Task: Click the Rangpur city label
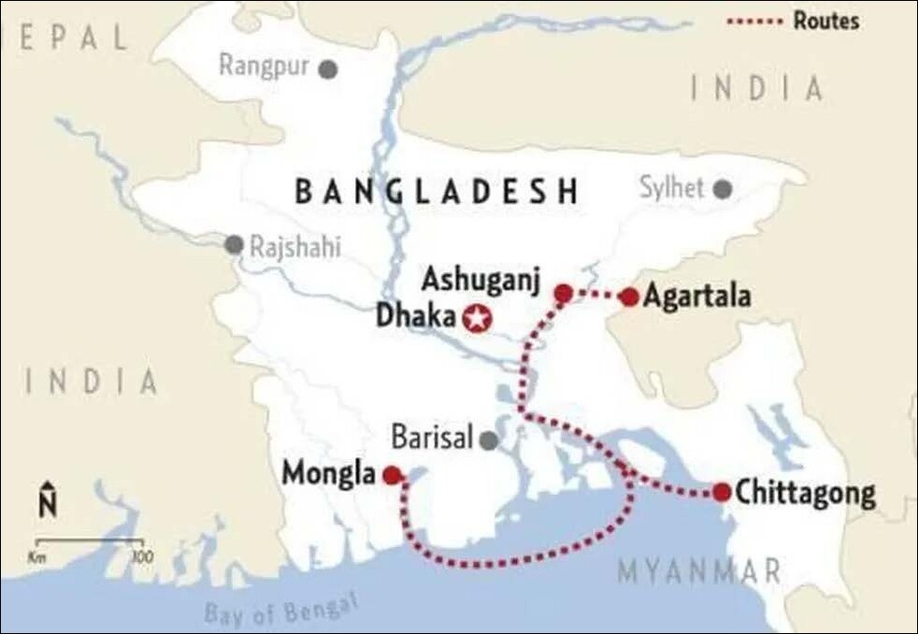click(264, 66)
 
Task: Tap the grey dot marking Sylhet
click(722, 190)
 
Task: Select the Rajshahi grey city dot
click(234, 245)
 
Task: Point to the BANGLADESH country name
click(437, 191)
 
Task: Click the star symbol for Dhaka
click(477, 319)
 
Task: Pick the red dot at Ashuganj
click(563, 294)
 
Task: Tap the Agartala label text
click(697, 296)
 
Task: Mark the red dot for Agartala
click(629, 297)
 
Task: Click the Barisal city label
click(433, 438)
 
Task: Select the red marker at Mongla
click(393, 475)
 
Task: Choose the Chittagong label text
click(806, 494)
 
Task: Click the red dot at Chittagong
click(722, 492)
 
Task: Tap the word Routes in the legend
click(825, 21)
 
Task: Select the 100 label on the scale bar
click(141, 557)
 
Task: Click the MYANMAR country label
click(698, 570)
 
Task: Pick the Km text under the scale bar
click(37, 557)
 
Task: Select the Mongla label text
click(328, 475)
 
